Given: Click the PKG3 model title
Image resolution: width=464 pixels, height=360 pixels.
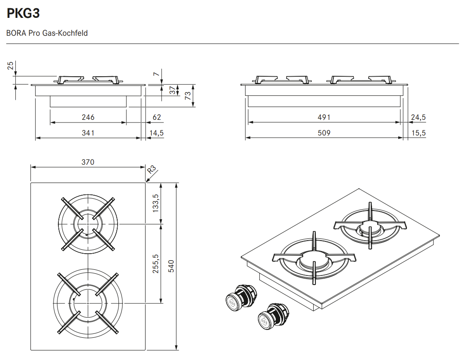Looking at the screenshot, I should coord(24,14).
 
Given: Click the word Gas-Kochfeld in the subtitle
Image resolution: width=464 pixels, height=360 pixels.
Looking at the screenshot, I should coord(65,33).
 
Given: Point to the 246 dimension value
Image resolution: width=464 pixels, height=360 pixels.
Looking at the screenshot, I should coord(88,117).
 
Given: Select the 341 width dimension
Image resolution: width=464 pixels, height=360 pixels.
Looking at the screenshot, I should coord(88,133).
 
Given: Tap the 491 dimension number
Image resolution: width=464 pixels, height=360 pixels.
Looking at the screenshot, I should coord(324,117).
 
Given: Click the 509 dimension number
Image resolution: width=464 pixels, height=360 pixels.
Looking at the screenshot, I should coord(324,133).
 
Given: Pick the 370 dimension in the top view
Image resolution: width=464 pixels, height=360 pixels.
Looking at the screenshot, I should coord(88,162).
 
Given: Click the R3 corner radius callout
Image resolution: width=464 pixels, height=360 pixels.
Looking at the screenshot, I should coord(152,170).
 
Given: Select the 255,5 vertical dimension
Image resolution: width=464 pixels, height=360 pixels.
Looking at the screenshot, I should coord(156,263).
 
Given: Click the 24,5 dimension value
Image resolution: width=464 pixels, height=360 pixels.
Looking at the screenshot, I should coord(418,117).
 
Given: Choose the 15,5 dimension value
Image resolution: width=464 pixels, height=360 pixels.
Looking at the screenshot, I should coord(418,133).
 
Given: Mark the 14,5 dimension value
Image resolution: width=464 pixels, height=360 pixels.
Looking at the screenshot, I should coord(156,133).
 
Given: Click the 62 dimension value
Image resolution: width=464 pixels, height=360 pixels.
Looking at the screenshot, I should coord(157,117).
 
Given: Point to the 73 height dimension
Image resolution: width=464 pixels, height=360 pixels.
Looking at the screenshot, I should coord(188,95).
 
